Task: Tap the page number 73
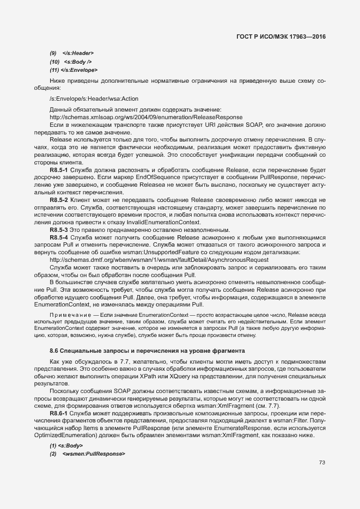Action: pos(322,463)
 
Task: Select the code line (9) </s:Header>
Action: pos(71,53)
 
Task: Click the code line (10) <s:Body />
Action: pos(70,62)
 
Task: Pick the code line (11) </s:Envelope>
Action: pos(74,70)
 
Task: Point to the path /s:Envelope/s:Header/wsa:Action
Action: pos(94,99)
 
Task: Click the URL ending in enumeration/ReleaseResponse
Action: pos(145,117)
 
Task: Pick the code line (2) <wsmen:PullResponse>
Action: pos(87,453)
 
